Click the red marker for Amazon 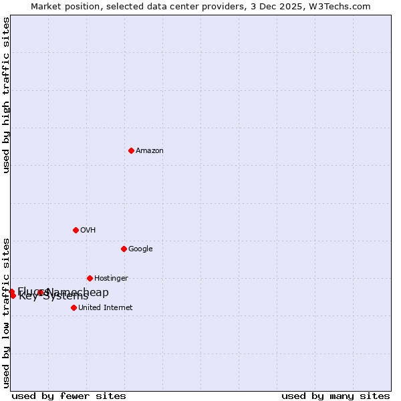[x=131, y=150]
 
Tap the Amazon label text [x=150, y=151]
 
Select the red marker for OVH [x=76, y=230]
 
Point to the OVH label [x=88, y=231]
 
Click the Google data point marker [x=124, y=249]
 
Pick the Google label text [x=140, y=249]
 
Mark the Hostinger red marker [x=90, y=278]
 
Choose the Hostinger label [x=111, y=279]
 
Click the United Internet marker [x=74, y=307]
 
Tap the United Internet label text [x=106, y=308]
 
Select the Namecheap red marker [x=41, y=292]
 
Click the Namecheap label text [x=79, y=292]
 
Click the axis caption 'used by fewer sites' [x=69, y=396]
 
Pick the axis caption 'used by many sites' [x=336, y=396]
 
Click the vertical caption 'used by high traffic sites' [x=6, y=95]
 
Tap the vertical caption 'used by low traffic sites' [x=6, y=312]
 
